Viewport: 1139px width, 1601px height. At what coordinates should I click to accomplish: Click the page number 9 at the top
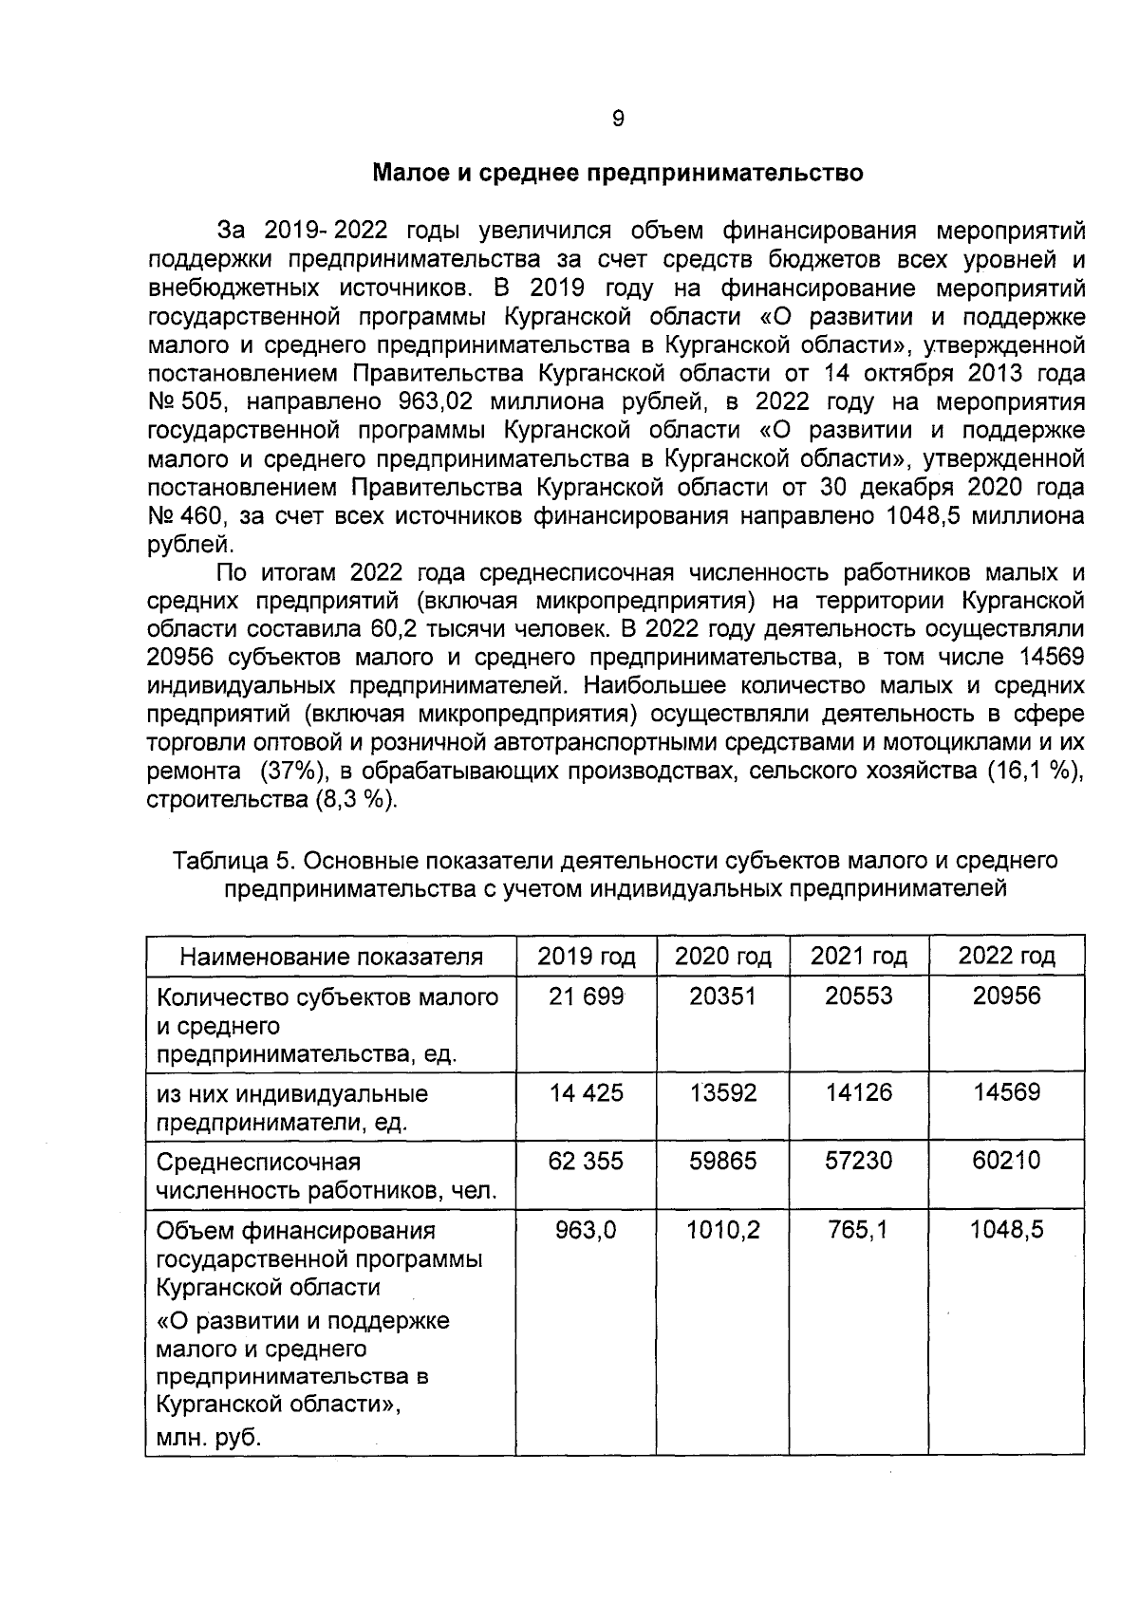point(618,119)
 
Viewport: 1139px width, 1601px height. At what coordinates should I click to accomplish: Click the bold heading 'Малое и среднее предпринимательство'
point(617,174)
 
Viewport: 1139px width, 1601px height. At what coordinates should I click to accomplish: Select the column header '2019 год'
point(586,956)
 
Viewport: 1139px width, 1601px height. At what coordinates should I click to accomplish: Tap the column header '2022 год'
point(1006,956)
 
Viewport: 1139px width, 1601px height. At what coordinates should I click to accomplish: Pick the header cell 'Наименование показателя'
point(331,957)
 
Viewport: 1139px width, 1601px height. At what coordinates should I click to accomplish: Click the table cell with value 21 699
point(586,996)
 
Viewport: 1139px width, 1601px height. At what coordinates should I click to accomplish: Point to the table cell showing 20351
point(722,996)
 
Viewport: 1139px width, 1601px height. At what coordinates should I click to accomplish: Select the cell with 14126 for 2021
point(858,1092)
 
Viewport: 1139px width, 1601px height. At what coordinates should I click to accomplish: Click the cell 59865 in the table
point(722,1161)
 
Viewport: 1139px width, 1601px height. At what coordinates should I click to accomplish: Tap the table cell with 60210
point(1006,1161)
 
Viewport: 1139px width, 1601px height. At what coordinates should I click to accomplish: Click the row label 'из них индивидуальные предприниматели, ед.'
point(292,1108)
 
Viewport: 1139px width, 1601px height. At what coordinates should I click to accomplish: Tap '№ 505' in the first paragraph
point(184,402)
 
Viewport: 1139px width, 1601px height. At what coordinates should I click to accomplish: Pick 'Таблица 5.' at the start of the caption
point(232,861)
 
